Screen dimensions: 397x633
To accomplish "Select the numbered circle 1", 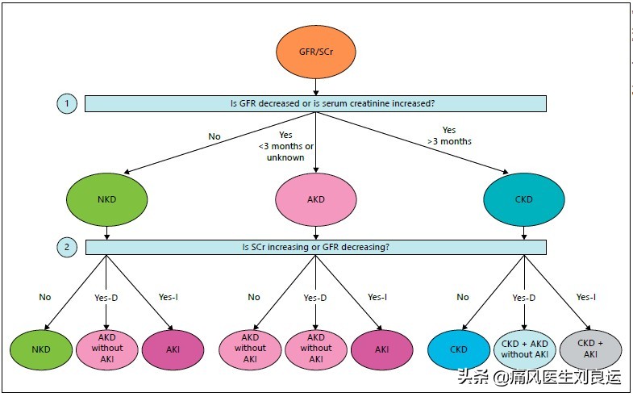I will point(67,103).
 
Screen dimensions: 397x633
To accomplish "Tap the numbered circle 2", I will point(67,246).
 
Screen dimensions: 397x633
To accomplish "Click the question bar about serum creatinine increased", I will point(315,103).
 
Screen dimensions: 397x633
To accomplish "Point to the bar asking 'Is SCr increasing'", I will point(315,246).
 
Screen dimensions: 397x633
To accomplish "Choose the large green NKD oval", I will point(107,198).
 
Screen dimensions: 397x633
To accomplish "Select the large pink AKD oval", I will point(314,198).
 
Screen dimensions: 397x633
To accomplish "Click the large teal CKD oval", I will point(525,198).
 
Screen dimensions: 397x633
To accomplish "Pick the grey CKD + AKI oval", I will point(591,349).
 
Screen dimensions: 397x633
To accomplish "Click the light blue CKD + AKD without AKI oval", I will point(524,349).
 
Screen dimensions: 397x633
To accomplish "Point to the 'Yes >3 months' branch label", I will point(449,136).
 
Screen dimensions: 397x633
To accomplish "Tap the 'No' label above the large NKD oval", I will point(214,136).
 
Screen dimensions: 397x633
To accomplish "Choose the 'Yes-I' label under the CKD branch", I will point(586,297).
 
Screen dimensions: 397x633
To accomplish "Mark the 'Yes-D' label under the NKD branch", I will point(106,297).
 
